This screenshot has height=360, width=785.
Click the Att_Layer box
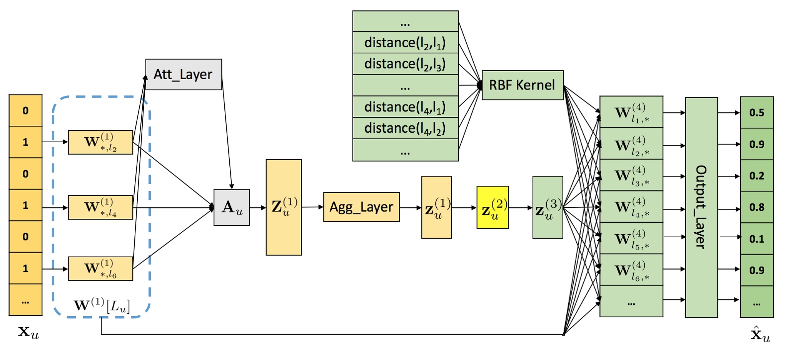click(x=183, y=75)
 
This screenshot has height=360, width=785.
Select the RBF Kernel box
click(x=522, y=85)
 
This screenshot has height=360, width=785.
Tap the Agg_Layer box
click(x=361, y=207)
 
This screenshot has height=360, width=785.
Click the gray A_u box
click(x=231, y=207)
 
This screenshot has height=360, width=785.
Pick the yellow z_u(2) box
click(x=492, y=207)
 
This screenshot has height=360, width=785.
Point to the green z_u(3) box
click(x=547, y=207)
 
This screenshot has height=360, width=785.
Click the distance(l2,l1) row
click(x=405, y=43)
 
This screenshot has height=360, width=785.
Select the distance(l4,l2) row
click(x=405, y=128)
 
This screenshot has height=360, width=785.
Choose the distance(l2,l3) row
click(x=405, y=64)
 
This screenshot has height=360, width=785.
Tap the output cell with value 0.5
click(x=757, y=112)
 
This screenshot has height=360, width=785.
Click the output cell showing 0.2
click(x=757, y=176)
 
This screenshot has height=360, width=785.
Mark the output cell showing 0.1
click(x=757, y=239)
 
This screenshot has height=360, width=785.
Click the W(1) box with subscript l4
click(x=100, y=207)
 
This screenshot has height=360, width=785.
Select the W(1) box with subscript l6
click(x=100, y=269)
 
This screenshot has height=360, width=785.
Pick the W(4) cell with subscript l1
click(x=631, y=112)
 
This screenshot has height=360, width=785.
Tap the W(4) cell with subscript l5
click(x=631, y=239)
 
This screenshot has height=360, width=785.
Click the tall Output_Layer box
click(x=701, y=207)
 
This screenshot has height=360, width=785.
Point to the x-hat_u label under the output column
click(x=760, y=334)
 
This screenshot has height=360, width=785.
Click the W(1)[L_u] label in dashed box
click(x=101, y=305)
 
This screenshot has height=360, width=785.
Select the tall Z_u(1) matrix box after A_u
click(x=284, y=207)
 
